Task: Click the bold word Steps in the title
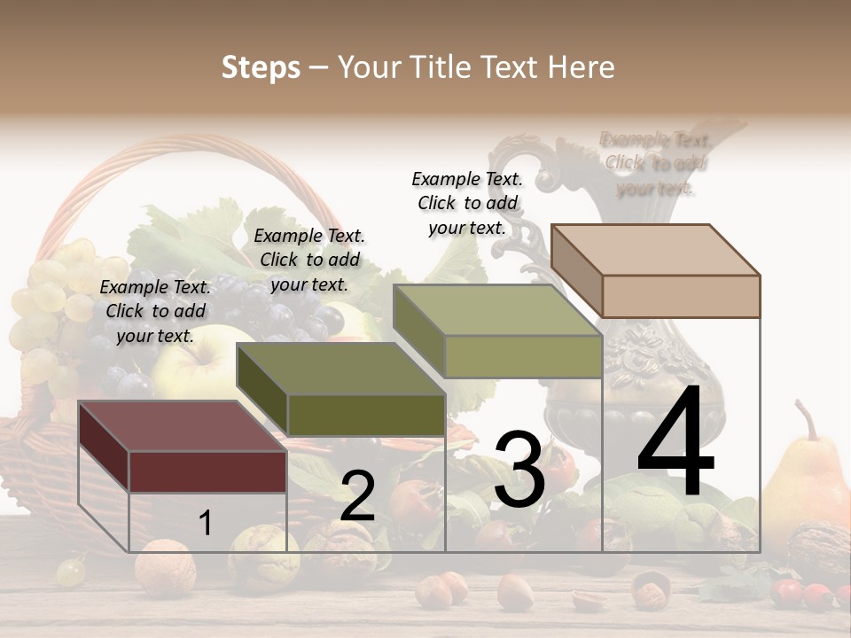pyautogui.click(x=261, y=67)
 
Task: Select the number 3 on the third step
pyautogui.click(x=519, y=469)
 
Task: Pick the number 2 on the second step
pyautogui.click(x=357, y=495)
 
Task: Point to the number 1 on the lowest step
pyautogui.click(x=205, y=524)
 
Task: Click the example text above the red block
pyautogui.click(x=156, y=311)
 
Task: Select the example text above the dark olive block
pyautogui.click(x=309, y=260)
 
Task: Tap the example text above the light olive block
pyautogui.click(x=467, y=203)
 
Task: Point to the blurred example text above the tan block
pyautogui.click(x=656, y=163)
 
